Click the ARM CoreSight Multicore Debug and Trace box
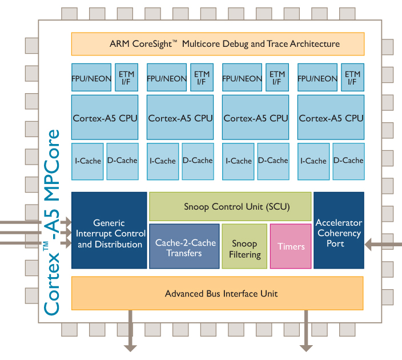pyautogui.click(x=217, y=44)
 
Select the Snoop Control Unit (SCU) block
pyautogui.click(x=230, y=207)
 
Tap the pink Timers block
pyautogui.click(x=291, y=246)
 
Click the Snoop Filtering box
pyautogui.click(x=244, y=246)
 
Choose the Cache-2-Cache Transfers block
pyautogui.click(x=185, y=246)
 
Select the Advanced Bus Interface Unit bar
pyautogui.click(x=217, y=293)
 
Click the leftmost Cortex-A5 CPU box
pyautogui.click(x=104, y=118)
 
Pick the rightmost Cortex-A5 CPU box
pyautogui.click(x=331, y=118)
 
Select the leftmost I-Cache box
pyautogui.click(x=87, y=160)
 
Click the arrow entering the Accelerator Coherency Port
pyautogui.click(x=383, y=245)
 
